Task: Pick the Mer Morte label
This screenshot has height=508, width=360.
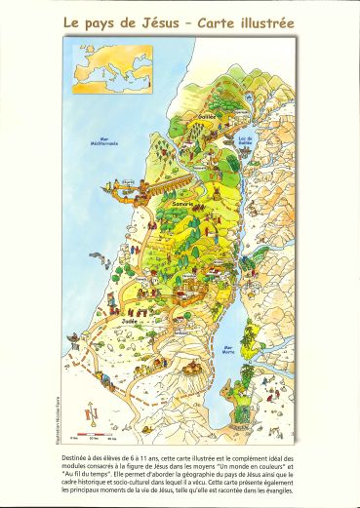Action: pyautogui.click(x=233, y=347)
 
